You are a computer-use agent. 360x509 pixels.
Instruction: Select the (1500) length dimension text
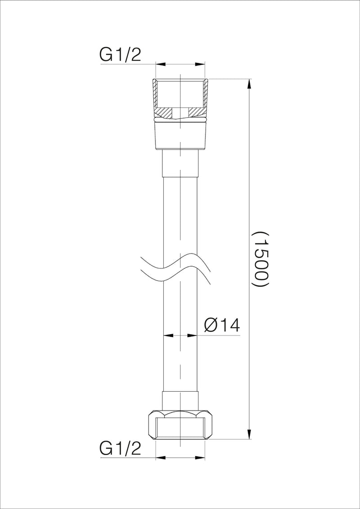tap(261, 259)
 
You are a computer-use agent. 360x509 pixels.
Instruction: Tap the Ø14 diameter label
tap(222, 325)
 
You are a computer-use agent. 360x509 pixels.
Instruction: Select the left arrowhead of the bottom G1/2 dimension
tap(160, 458)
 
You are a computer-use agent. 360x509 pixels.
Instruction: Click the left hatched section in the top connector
tap(165, 111)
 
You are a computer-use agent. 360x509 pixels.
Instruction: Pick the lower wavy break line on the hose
tap(175, 276)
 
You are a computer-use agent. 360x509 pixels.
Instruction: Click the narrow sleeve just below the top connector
tap(180, 163)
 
